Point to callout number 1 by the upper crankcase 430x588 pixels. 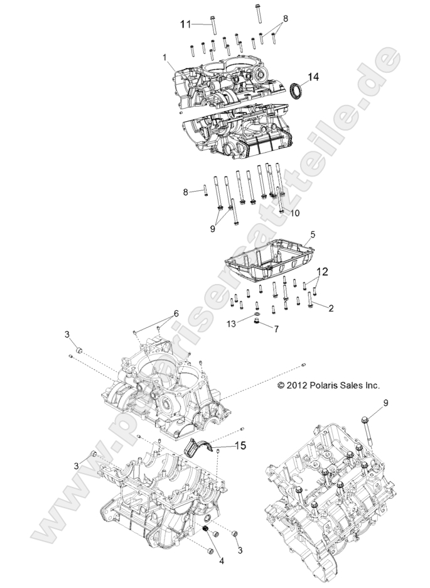click(164, 57)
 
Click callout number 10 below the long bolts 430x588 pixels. click(294, 213)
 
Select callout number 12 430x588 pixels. click(322, 272)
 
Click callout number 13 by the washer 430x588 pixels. click(232, 323)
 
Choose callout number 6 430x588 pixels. click(176, 313)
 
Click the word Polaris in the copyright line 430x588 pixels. click(321, 384)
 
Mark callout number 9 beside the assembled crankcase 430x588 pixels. click(386, 402)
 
